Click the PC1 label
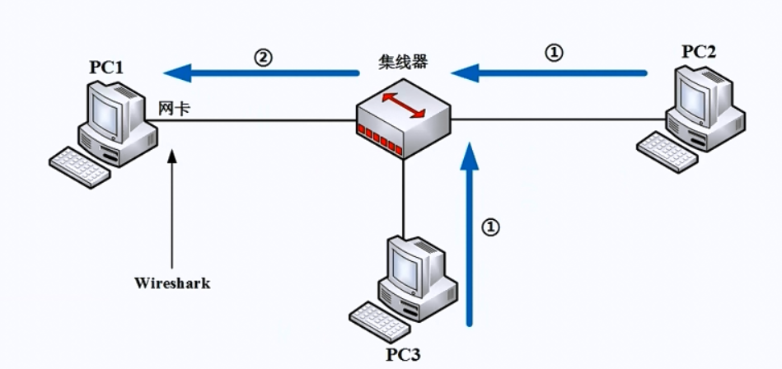106,67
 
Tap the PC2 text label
699,51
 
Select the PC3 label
403,355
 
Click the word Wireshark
172,283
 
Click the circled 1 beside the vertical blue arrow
490,227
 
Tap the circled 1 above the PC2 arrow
555,52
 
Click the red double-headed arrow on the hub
404,107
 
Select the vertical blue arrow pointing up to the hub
470,239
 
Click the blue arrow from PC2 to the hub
548,73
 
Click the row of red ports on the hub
381,139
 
